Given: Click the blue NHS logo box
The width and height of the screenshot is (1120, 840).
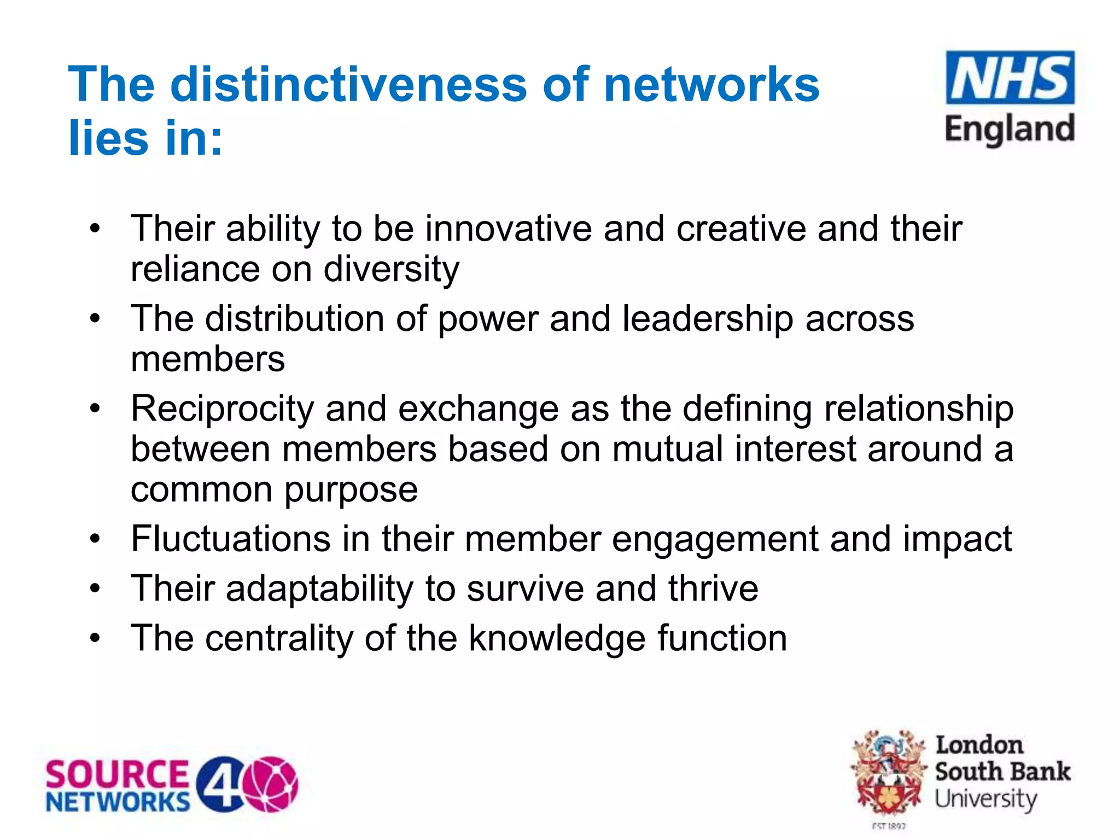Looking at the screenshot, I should (1010, 78).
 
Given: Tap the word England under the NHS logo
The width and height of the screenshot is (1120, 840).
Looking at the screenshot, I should (1010, 130).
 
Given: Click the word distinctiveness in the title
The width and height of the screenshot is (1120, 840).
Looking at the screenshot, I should (349, 85).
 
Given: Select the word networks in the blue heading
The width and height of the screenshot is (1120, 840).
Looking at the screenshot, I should (711, 85).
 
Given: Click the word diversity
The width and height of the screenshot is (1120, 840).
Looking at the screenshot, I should (392, 270).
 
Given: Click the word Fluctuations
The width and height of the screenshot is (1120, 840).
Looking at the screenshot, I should (231, 539).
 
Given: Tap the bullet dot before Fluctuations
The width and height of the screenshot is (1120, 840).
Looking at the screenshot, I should (96, 539).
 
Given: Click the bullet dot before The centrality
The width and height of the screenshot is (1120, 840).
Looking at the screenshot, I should (96, 638).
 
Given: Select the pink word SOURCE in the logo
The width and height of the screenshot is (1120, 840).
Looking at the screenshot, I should (117, 774).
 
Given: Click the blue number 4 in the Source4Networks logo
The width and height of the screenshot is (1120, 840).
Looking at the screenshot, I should (220, 784).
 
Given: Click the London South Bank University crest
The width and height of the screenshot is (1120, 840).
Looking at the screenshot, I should (889, 774).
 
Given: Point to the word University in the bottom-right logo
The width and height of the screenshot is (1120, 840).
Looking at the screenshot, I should (985, 799).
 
